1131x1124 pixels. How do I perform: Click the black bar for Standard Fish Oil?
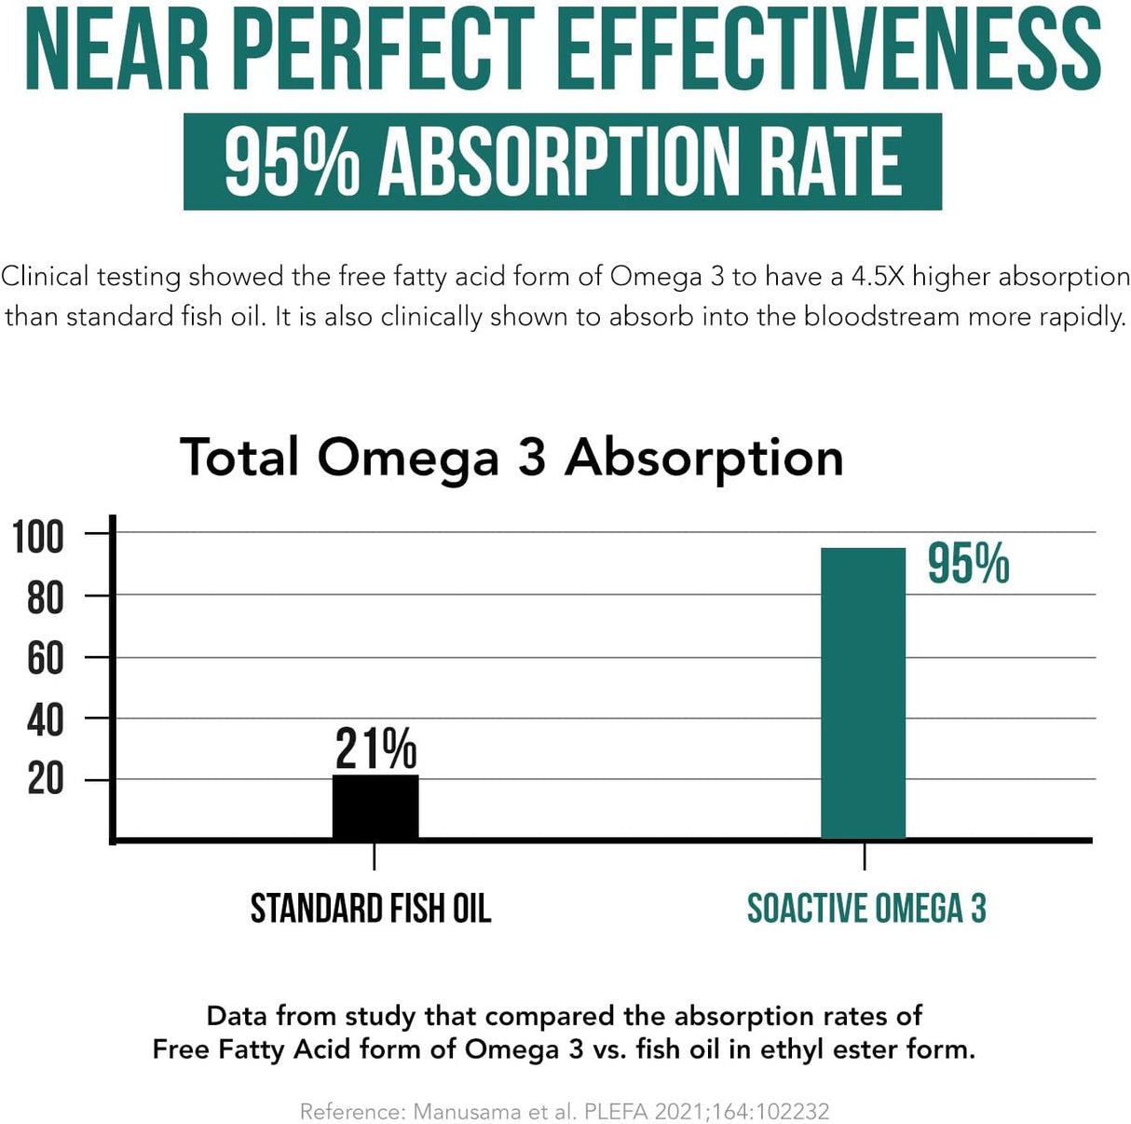375,806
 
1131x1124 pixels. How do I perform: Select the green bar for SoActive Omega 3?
863,693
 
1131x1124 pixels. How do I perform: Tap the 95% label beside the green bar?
968,564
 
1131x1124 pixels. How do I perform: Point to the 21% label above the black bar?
375,748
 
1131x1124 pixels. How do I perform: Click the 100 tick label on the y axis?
38,538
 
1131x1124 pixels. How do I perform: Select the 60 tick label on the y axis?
45,659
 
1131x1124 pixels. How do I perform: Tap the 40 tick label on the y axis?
45,720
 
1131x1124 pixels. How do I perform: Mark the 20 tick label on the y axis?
45,779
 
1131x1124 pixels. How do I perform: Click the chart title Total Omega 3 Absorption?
511,458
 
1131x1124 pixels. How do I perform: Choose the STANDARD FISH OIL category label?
370,909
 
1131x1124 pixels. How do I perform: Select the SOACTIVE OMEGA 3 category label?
866,909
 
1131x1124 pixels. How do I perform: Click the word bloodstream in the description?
881,317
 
